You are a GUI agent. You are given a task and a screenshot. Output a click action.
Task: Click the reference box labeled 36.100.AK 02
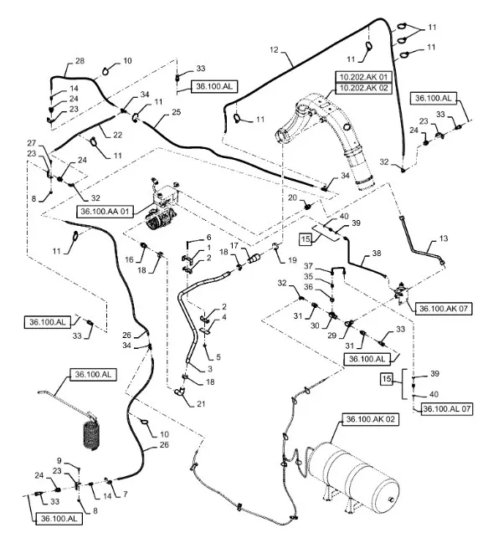370,419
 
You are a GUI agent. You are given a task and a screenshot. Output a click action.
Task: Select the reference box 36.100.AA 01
105,211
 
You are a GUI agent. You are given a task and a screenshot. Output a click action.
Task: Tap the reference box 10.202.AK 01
363,76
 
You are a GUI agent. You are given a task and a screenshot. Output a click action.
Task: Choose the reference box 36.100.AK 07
444,308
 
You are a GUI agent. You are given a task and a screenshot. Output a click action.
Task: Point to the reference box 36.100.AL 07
447,408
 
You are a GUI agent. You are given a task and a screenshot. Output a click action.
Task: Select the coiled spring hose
91,434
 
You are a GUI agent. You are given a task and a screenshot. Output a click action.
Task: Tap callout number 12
274,50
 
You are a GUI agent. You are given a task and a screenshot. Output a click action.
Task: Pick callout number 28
80,61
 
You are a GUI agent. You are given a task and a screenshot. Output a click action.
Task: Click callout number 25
177,112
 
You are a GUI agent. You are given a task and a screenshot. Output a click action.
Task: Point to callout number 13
444,238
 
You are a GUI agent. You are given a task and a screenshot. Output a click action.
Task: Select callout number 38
377,254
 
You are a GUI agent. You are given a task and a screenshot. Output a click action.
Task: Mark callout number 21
201,404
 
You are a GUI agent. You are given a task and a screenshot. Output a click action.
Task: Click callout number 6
209,238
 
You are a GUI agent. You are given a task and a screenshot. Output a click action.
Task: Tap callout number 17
234,245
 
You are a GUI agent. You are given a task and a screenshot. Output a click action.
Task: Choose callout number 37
308,266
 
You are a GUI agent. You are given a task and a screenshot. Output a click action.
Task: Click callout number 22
118,135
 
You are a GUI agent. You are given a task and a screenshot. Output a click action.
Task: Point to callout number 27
32,143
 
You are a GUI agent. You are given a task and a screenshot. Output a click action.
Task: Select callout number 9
59,460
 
